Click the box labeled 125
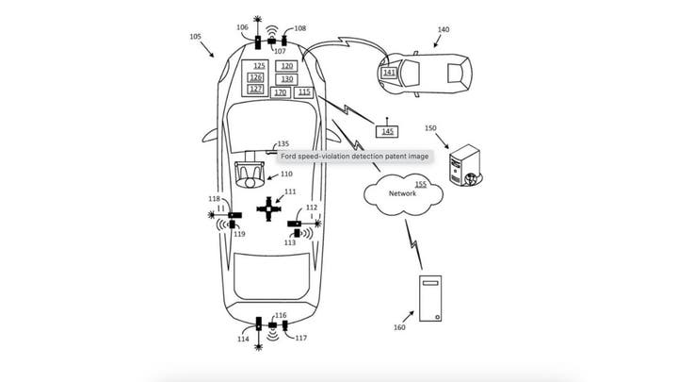click(x=259, y=66)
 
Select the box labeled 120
click(x=287, y=66)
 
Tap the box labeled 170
click(x=280, y=92)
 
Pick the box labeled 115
click(x=303, y=92)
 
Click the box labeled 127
click(x=255, y=89)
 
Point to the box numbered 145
click(x=388, y=130)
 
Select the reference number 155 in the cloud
click(x=420, y=184)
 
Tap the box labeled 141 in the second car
click(x=389, y=72)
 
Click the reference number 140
click(x=443, y=29)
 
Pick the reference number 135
click(x=282, y=143)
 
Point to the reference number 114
click(x=244, y=338)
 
